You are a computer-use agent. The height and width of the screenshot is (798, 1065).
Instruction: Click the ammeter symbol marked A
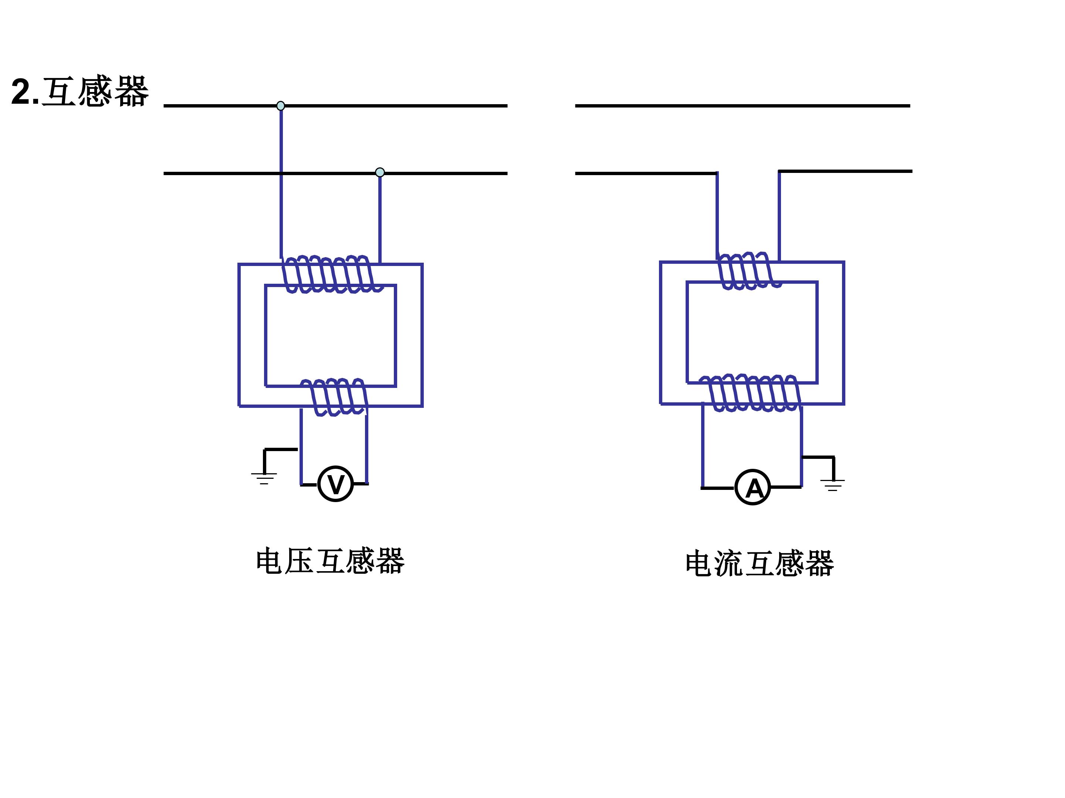click(753, 487)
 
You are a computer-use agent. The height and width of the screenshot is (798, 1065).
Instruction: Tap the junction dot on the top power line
click(281, 106)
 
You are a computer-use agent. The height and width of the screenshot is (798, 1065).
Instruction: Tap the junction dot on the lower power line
click(380, 172)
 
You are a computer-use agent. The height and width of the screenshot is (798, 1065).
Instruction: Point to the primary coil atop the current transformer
click(749, 271)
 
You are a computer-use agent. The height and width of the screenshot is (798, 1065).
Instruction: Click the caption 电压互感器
click(330, 561)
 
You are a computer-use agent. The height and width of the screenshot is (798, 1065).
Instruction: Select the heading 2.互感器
click(80, 91)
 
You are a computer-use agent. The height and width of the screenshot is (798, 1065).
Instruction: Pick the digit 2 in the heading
click(21, 91)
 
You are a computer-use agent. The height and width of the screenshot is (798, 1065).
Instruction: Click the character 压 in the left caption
click(300, 561)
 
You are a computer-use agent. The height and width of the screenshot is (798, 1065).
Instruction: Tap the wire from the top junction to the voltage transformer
click(281, 183)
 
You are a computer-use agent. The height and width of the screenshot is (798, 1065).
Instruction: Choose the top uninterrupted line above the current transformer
click(743, 106)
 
